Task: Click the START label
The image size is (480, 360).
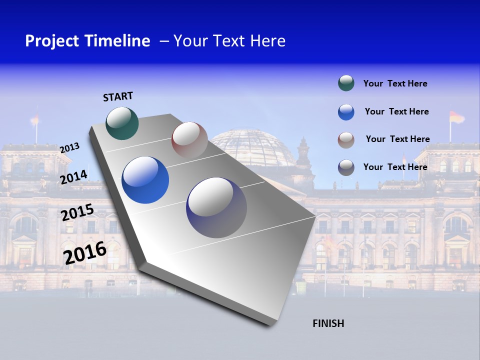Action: coord(118,96)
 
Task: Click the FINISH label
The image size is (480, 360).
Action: coord(328,323)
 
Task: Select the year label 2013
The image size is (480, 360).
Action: coord(69,148)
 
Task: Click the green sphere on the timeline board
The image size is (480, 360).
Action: coord(122,123)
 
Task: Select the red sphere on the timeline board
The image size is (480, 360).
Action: coord(189,140)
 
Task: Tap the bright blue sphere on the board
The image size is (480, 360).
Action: coord(145,180)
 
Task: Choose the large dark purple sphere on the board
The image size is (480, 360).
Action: coord(216,207)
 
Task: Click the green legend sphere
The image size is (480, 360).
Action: coord(346,83)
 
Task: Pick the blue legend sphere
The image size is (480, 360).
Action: coord(346,112)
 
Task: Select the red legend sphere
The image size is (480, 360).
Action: coord(346,140)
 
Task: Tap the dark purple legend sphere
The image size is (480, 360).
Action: coord(346,167)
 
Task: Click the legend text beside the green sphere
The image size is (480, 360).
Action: coord(395,83)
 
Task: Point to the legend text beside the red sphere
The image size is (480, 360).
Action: coord(397,139)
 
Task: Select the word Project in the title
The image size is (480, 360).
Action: coord(53,41)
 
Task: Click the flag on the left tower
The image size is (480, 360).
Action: coord(35,119)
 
